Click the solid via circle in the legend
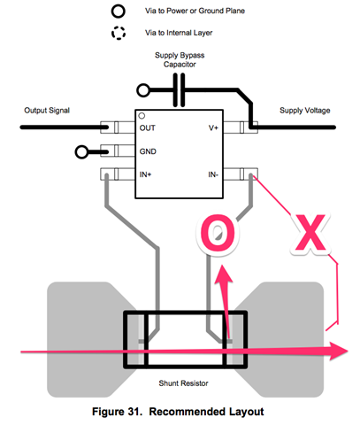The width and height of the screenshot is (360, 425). pyautogui.click(x=118, y=12)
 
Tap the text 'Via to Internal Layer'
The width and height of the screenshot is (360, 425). pyautogui.click(x=179, y=33)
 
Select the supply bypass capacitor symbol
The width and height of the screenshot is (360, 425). pyautogui.click(x=179, y=90)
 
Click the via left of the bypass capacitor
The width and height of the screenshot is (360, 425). pyautogui.click(x=143, y=90)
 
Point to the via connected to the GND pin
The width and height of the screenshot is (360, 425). pyautogui.click(x=81, y=152)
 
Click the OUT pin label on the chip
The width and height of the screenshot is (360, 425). pyautogui.click(x=148, y=128)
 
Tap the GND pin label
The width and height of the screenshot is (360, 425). pyautogui.click(x=148, y=151)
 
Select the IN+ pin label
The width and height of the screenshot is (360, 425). pyautogui.click(x=145, y=174)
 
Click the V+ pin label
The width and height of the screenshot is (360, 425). pyautogui.click(x=213, y=128)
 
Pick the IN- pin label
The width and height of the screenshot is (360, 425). pyautogui.click(x=213, y=174)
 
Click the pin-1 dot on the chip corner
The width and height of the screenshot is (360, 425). pyautogui.click(x=142, y=116)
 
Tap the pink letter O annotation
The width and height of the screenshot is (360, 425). pyautogui.click(x=218, y=233)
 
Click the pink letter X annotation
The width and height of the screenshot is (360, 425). pyautogui.click(x=310, y=232)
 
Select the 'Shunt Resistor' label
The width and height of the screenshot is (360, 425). pyautogui.click(x=183, y=383)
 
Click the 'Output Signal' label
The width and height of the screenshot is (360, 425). pyautogui.click(x=47, y=111)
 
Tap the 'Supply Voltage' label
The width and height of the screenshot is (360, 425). pyautogui.click(x=305, y=111)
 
